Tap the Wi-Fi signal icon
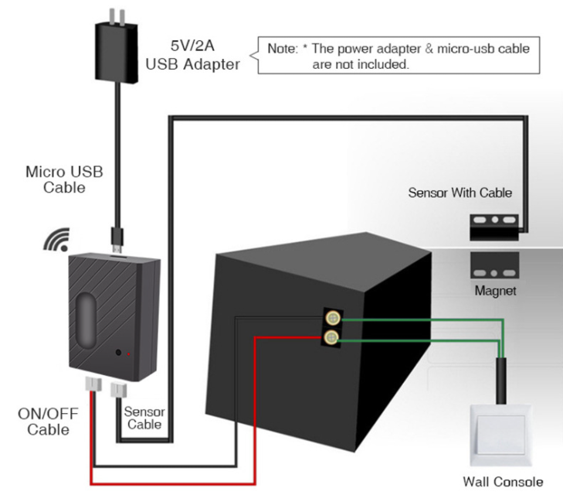coord(56,241)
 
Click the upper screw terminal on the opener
coord(333,318)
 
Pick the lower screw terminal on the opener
coord(333,337)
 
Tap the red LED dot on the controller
coord(130,354)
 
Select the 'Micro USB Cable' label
coord(65,179)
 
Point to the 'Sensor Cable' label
coord(144,418)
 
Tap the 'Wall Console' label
coord(503,482)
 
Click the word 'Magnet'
coord(496,291)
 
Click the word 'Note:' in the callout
coord(283,49)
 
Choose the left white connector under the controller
coord(93,387)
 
